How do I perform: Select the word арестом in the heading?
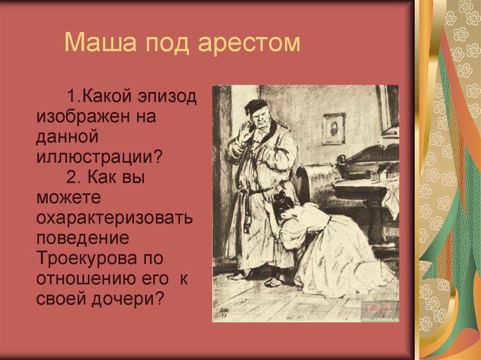pos(248,42)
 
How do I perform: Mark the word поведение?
pos(83,238)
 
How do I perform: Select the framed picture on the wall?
pos(334,128)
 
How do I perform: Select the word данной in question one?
pos(66,136)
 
